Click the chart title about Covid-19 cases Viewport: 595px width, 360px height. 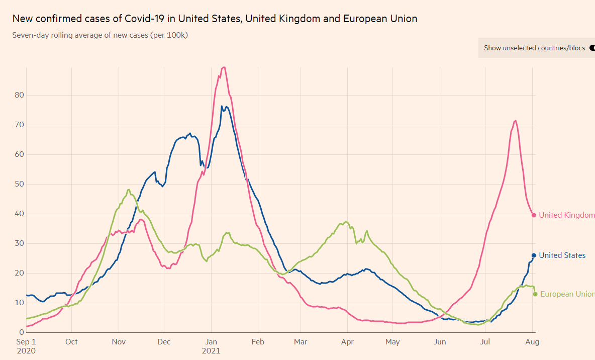[x=215, y=19]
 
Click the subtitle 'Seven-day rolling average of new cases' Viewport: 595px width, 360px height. [x=100, y=35]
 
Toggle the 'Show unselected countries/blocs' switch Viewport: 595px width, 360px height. [x=591, y=48]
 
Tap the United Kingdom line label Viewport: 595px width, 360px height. [x=566, y=215]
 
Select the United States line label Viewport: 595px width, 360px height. [x=562, y=255]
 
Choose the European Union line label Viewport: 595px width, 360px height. [x=567, y=294]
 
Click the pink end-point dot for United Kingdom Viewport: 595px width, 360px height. [x=534, y=215]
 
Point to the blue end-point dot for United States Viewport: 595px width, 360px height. [x=534, y=255]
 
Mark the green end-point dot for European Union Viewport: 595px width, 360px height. [x=535, y=294]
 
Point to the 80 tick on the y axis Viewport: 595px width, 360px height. [x=19, y=95]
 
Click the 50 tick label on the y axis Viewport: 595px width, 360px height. [x=19, y=184]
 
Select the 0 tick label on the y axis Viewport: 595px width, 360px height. [x=21, y=332]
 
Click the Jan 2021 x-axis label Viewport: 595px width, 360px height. [x=212, y=346]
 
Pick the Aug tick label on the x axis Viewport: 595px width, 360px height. [x=533, y=342]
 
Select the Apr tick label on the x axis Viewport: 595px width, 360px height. [x=347, y=342]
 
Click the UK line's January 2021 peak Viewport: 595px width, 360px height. [x=224, y=67]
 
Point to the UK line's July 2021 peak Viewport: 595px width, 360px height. [x=515, y=121]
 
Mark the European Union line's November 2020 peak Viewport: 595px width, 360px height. [x=129, y=190]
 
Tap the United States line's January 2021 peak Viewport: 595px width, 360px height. [x=222, y=106]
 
